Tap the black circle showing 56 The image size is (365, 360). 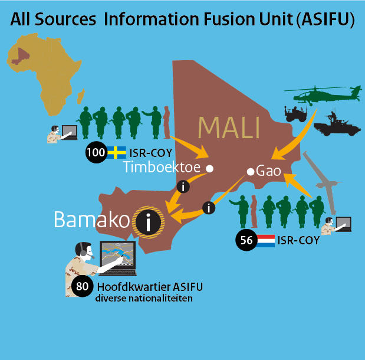(x=245, y=240)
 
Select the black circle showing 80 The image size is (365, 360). (x=82, y=287)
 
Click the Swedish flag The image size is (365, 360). (x=116, y=153)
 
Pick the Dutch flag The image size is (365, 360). (x=265, y=240)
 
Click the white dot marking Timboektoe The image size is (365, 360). (x=209, y=169)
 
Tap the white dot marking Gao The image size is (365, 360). (x=250, y=172)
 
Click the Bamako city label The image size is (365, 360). (x=91, y=220)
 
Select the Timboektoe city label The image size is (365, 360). (x=163, y=168)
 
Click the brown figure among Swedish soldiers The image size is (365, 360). (x=166, y=121)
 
